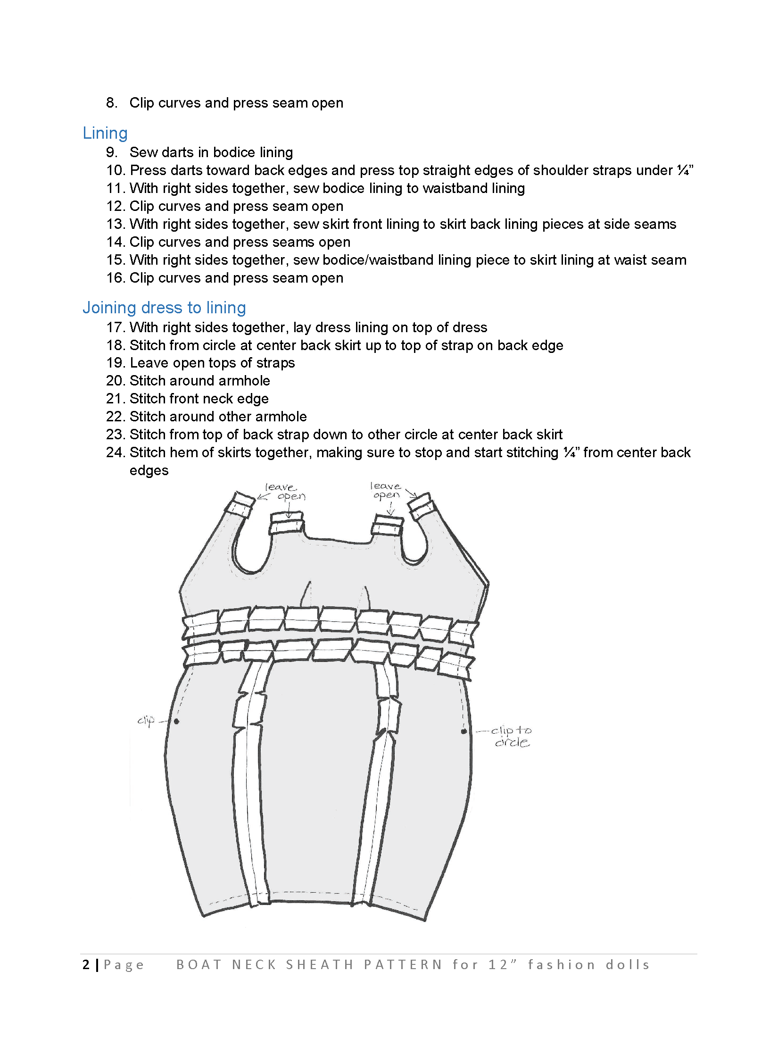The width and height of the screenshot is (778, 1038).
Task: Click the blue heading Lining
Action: (x=105, y=134)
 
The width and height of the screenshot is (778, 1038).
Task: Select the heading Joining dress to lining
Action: (x=164, y=308)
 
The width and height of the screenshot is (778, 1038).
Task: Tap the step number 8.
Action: (x=111, y=103)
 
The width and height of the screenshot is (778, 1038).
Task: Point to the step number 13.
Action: (x=115, y=224)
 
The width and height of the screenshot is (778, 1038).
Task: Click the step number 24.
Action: (x=115, y=452)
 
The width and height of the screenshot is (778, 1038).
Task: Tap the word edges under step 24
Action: (x=149, y=470)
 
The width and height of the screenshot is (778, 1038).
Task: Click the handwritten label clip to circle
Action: (x=511, y=736)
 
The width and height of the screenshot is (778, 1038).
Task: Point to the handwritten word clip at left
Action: (x=146, y=720)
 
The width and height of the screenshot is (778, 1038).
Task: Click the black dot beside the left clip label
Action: (x=176, y=721)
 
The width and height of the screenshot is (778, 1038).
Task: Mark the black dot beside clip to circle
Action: (x=463, y=731)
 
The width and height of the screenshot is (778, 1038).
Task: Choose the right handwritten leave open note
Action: (x=386, y=490)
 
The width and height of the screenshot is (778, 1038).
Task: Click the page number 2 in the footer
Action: (x=86, y=964)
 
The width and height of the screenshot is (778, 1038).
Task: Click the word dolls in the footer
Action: (x=628, y=965)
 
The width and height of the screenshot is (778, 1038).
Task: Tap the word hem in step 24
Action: (x=184, y=452)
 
